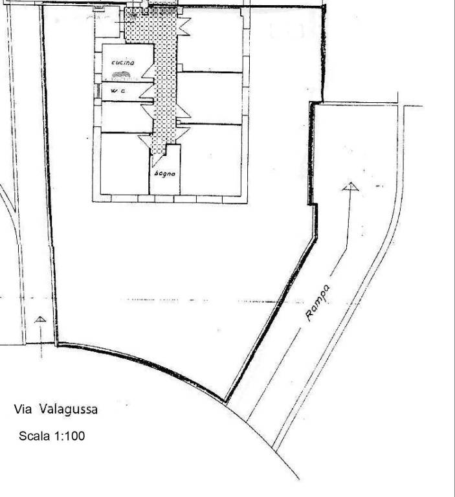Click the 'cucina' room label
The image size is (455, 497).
[x=122, y=62]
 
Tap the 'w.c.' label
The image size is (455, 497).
[x=117, y=92]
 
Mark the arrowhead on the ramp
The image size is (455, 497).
[x=350, y=187]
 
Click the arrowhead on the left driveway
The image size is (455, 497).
[x=40, y=319]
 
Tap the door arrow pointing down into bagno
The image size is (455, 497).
[x=157, y=150]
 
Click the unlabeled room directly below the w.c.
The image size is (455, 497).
[x=123, y=116]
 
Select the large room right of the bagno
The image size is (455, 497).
[x=212, y=159]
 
